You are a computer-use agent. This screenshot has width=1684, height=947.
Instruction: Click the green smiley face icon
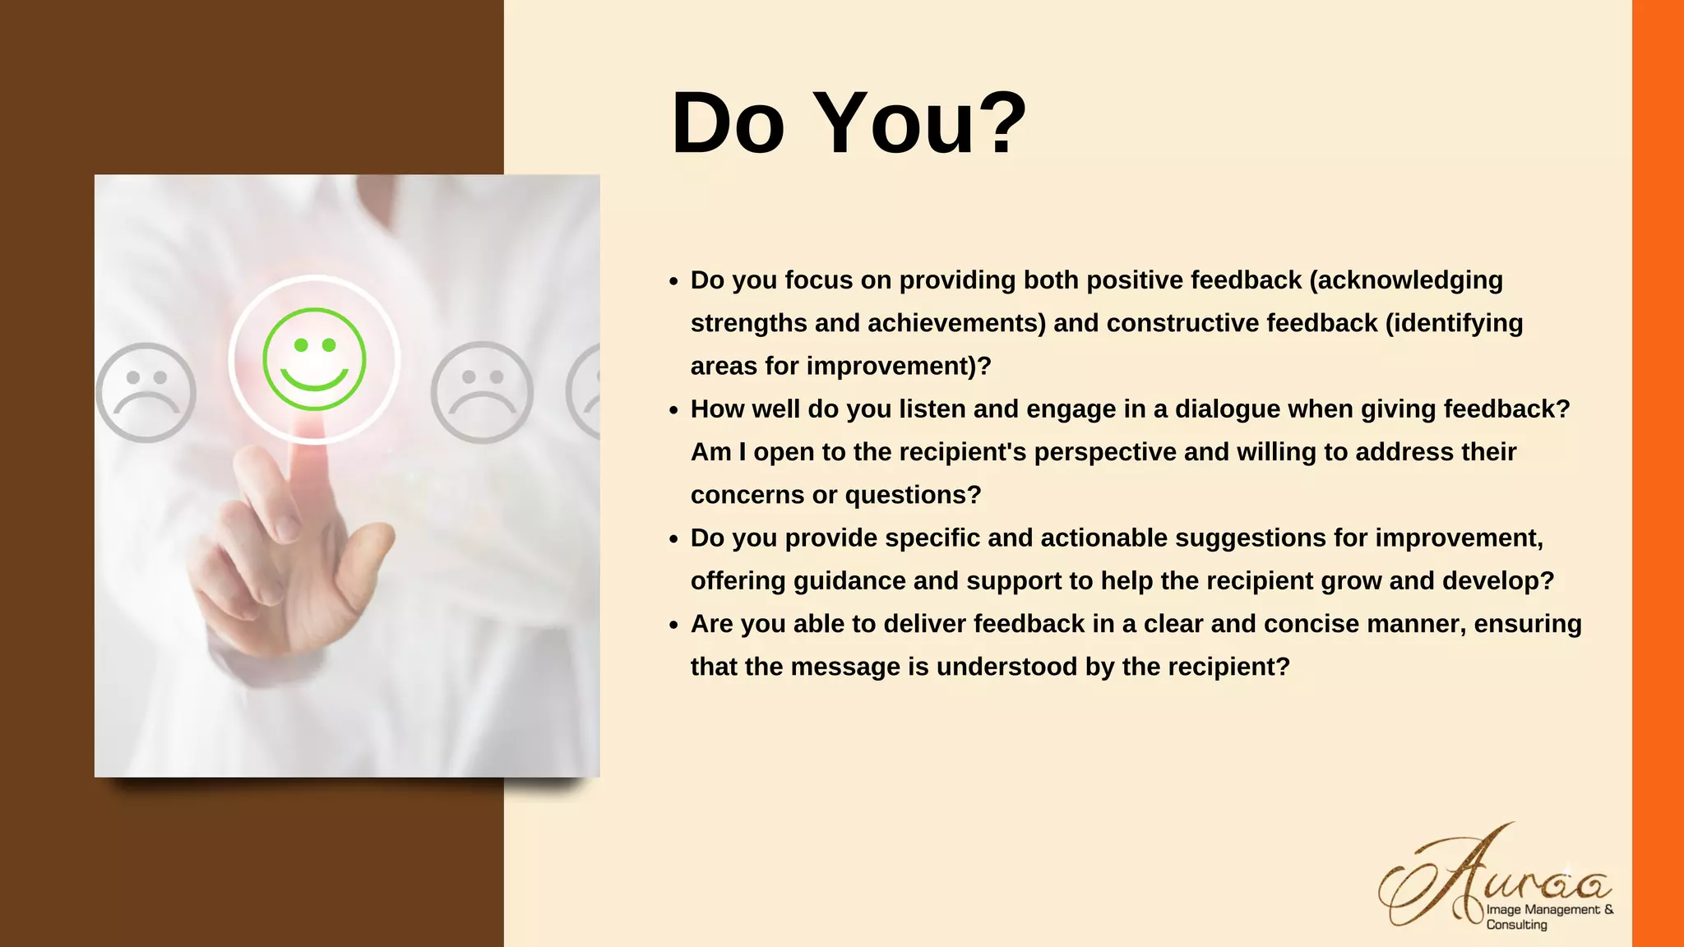tap(314, 359)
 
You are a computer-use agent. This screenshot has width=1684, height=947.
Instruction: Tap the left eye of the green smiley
tap(301, 345)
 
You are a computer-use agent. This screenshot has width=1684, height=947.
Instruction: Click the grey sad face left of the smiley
tap(146, 392)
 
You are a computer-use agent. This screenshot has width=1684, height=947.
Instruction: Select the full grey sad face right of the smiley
tap(482, 392)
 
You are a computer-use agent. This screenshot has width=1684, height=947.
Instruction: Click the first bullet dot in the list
tap(673, 282)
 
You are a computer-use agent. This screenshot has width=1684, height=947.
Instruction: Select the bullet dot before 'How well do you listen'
tap(673, 410)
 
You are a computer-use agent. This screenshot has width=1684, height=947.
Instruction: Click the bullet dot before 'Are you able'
tap(673, 626)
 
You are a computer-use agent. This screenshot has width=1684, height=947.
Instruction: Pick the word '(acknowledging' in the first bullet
tap(1406, 280)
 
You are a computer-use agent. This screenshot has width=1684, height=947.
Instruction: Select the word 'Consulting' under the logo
tap(1516, 925)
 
